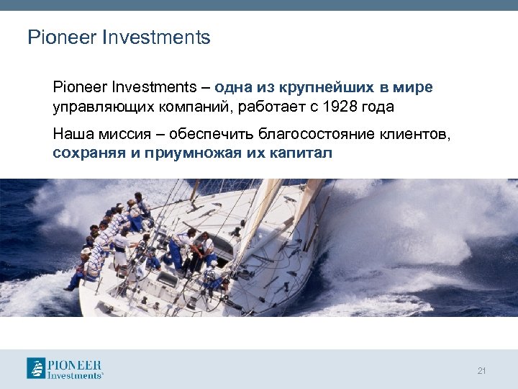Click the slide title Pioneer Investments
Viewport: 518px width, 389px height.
pos(119,37)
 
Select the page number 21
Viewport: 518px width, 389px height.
pos(481,371)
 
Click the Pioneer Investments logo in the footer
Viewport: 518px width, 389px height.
pos(65,368)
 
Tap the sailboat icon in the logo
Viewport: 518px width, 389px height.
pos(37,368)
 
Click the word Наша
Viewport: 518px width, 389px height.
pos(70,134)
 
